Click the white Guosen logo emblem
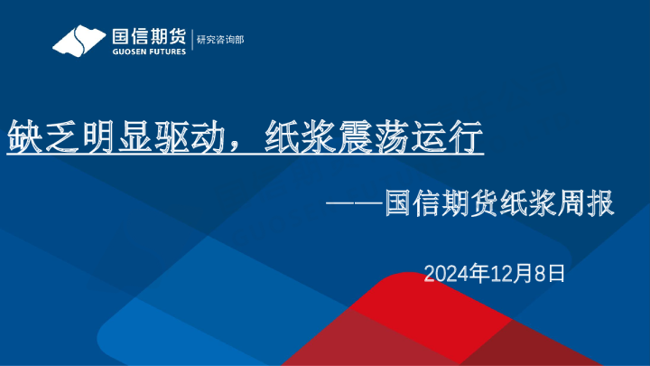click(78, 41)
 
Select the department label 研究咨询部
click(220, 41)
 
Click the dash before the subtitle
click(353, 205)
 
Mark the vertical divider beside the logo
click(190, 41)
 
